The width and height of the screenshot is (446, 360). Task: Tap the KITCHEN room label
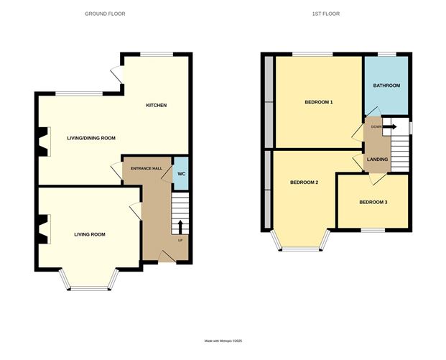pos(157,106)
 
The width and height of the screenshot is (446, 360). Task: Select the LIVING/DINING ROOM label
pos(91,138)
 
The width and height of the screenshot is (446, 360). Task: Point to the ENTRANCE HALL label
pos(147,168)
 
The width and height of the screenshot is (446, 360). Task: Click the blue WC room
pos(181,173)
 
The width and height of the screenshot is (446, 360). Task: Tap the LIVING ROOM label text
pos(90,234)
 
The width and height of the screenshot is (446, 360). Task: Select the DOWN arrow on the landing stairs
pos(390,127)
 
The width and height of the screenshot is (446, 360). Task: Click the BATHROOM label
pos(386,86)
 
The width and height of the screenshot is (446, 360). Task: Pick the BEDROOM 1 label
pos(319,103)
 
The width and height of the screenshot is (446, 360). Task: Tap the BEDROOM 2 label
pos(304,183)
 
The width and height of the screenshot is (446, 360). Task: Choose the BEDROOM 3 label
pos(373,203)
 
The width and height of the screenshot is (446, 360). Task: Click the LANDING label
pos(378,160)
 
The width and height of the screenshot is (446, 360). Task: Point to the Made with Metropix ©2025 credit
pos(223,341)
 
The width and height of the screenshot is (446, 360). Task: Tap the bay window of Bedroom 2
pos(301,249)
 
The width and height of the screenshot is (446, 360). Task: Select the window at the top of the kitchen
pos(156,54)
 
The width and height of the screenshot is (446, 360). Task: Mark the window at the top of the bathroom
pos(388,54)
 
